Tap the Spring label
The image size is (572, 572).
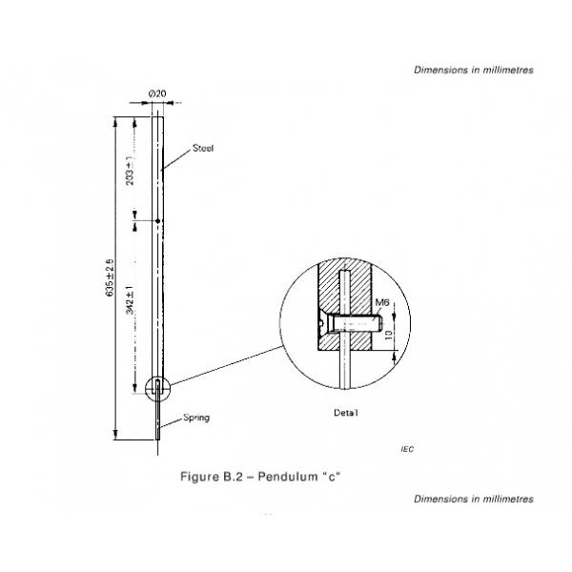point(195,418)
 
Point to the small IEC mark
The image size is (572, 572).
point(409,448)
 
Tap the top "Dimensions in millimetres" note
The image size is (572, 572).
point(474,70)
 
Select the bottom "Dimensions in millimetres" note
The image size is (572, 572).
point(474,499)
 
